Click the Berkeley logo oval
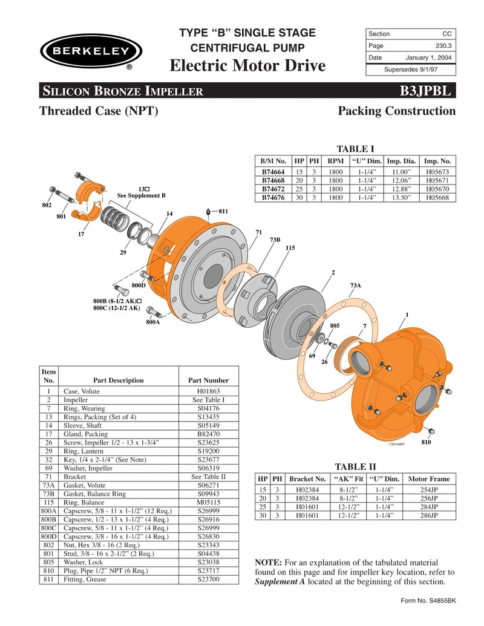pos(91,50)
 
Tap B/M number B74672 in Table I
pos(273,189)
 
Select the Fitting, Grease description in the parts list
pos(85,579)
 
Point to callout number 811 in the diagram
pos(223,211)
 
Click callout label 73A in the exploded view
pos(355,284)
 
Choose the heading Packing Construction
pos(396,111)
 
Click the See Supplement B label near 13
pos(141,196)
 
